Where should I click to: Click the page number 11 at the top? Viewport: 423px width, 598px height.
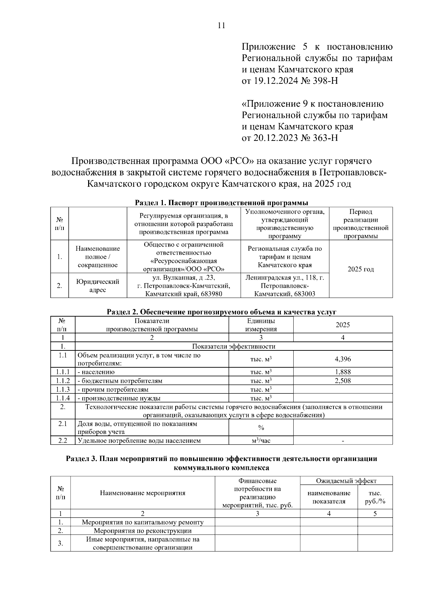(221, 26)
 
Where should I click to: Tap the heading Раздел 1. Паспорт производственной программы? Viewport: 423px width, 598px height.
(222, 203)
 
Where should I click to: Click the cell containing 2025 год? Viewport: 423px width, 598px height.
(361, 269)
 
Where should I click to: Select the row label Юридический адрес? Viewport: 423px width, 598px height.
(98, 286)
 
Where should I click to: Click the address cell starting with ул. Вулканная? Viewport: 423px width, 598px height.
(184, 286)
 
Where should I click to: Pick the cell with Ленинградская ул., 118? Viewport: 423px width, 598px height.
(285, 286)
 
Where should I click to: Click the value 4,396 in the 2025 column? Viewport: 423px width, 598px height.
(343, 359)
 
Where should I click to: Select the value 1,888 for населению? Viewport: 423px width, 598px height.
(343, 372)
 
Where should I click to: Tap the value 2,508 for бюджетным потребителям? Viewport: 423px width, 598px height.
(343, 381)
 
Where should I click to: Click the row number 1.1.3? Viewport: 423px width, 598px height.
(63, 390)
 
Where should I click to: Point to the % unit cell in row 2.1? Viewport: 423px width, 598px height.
(261, 428)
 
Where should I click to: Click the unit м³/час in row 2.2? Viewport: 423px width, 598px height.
(261, 441)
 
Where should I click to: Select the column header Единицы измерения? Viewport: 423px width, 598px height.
(261, 325)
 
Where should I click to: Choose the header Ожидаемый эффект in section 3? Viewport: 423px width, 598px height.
(346, 481)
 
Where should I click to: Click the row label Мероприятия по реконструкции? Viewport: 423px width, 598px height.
(142, 531)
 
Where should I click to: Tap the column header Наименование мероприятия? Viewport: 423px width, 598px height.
(142, 493)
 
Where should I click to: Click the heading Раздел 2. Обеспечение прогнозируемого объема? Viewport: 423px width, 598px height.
(222, 312)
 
